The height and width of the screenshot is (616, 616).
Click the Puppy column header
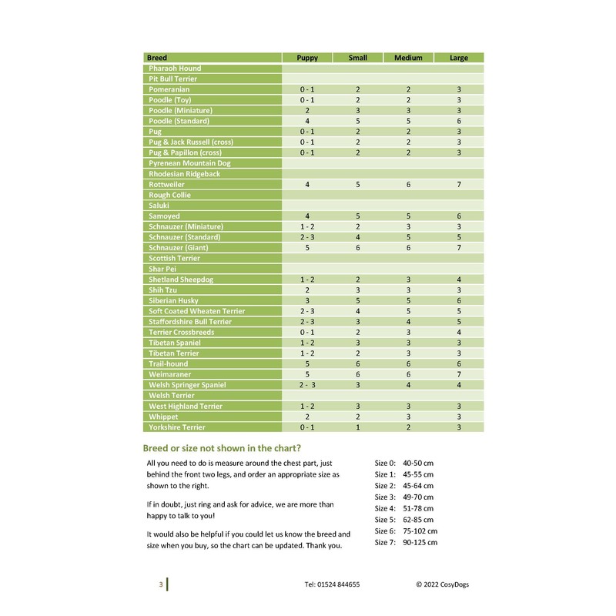307,58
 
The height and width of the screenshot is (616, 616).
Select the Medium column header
408,58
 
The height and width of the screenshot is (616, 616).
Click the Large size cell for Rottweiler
458,185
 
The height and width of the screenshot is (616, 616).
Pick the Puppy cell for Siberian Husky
307,300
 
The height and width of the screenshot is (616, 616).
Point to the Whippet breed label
163,417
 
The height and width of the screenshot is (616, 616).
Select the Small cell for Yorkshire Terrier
358,427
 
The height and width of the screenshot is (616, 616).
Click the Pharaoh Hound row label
175,69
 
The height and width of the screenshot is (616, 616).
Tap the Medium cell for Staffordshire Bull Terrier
408,322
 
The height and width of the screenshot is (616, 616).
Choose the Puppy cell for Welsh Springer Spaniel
307,385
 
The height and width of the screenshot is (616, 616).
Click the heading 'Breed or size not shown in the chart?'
222,448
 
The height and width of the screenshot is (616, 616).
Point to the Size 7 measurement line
406,543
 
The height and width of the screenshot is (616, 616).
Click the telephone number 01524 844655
332,584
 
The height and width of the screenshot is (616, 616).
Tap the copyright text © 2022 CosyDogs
442,584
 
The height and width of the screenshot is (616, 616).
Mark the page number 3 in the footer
161,584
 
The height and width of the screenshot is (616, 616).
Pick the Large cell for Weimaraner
458,374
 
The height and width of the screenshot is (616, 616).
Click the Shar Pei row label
162,269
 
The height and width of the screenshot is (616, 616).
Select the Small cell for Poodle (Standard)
358,121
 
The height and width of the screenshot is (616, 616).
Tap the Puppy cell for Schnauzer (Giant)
307,248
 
